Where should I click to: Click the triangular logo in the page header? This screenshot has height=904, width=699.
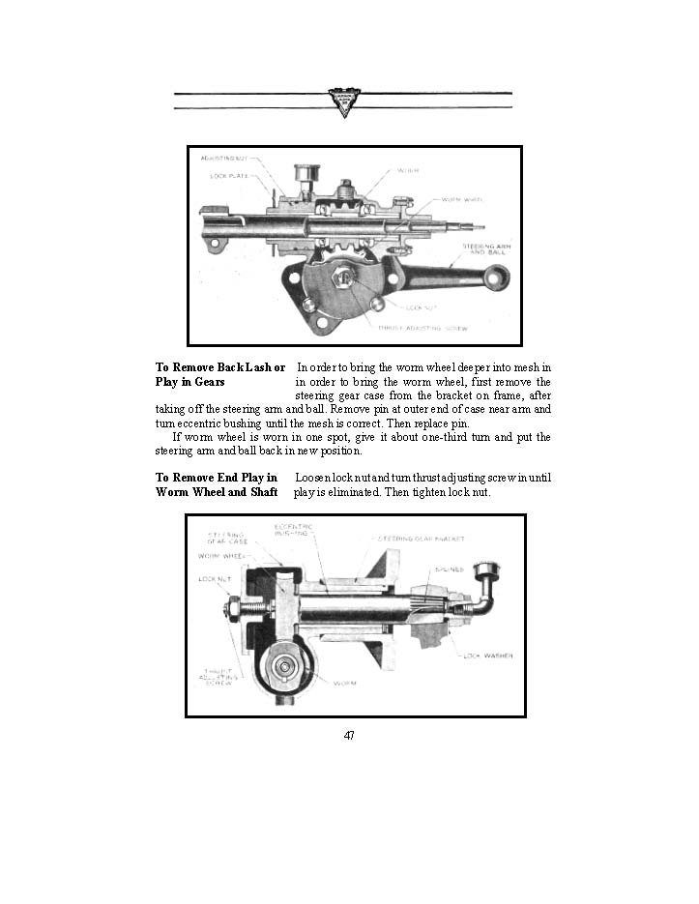click(x=343, y=102)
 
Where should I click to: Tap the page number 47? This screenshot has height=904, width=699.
click(x=349, y=736)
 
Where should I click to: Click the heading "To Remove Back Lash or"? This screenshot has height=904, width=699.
click(x=220, y=367)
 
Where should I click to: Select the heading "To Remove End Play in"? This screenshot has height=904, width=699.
click(x=217, y=478)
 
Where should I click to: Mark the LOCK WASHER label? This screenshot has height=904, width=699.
click(x=488, y=656)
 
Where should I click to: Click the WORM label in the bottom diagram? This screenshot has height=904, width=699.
click(x=344, y=683)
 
